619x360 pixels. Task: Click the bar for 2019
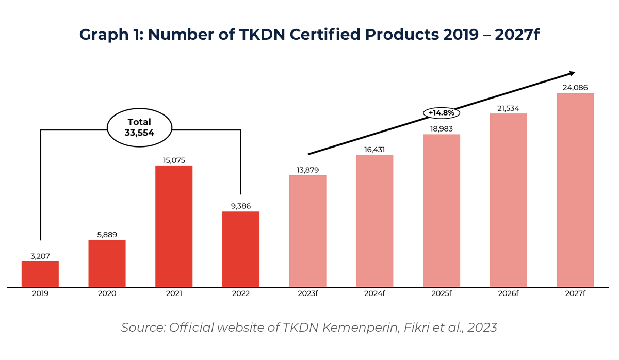40,274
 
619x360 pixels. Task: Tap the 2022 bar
241,249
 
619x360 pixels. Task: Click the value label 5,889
107,235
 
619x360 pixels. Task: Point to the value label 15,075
174,160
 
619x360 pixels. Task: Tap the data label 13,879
308,170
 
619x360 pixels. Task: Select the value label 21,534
508,108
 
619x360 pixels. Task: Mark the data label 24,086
575,88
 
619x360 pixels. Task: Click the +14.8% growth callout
442,112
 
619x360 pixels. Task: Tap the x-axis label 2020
107,293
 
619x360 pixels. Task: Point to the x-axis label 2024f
374,293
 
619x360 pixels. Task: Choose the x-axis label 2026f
508,293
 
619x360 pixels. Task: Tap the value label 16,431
374,149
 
